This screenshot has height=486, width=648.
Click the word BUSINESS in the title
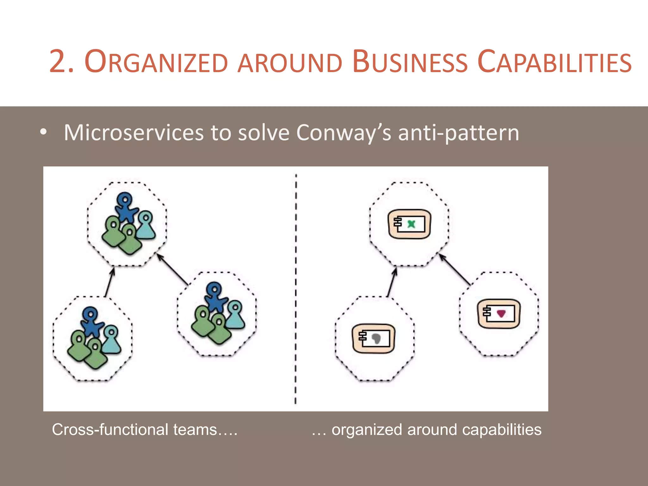(x=409, y=62)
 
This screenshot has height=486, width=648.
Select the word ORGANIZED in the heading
(x=156, y=62)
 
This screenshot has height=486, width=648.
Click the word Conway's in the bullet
(x=344, y=133)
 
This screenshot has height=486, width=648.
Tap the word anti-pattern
(x=458, y=133)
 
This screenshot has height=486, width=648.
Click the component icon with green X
(x=409, y=224)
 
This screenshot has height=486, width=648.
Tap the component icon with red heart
(x=499, y=314)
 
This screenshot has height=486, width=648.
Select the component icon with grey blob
(x=374, y=338)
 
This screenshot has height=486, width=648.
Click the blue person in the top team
(x=126, y=207)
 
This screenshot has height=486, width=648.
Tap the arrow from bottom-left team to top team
(x=109, y=282)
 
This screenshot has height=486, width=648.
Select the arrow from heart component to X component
(x=454, y=270)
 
